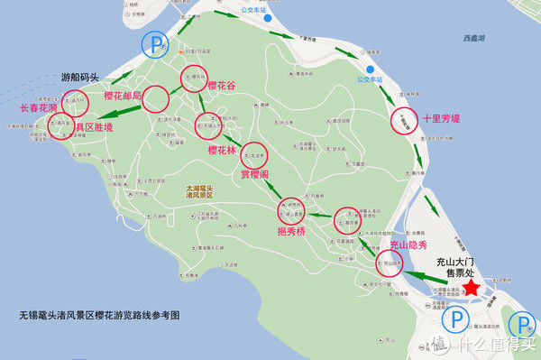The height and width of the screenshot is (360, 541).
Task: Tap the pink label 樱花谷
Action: click(222, 87)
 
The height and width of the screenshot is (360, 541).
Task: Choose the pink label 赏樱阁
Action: click(257, 175)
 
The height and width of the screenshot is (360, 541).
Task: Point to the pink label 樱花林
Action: click(224, 150)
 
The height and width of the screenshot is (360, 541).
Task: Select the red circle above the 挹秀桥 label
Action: click(292, 214)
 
